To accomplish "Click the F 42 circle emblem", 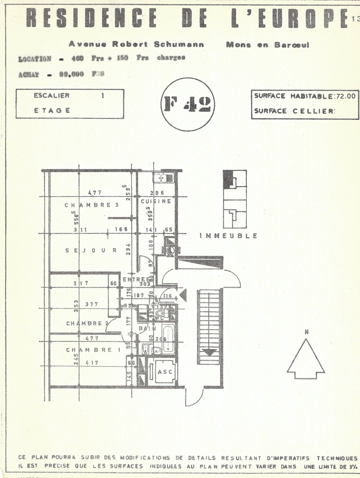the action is pos(188,104).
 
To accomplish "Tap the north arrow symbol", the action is pos(306,359).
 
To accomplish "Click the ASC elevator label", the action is pos(165,372).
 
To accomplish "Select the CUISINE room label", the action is pos(156,201).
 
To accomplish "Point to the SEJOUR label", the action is pos(91,251).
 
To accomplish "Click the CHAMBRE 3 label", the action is pos(91,205).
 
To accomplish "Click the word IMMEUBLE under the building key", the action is pos(228,236).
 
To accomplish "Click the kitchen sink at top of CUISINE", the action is pos(164,178).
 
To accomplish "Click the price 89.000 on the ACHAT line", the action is pos(72,74).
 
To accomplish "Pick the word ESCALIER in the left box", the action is pos(52,95).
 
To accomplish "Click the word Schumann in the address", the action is pos(179,44).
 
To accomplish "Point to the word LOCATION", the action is pos(35,59).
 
